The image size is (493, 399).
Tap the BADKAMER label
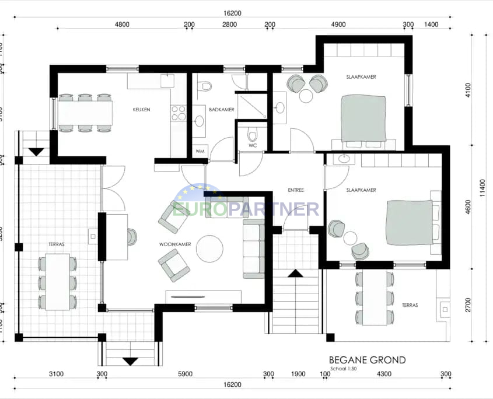222,110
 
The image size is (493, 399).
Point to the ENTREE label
297,191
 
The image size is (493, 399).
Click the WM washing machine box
200,151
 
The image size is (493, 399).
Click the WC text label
253,146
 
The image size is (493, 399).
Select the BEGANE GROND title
367,360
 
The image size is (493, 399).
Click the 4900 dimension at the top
338,24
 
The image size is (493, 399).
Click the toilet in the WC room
253,135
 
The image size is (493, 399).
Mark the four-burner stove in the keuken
179,113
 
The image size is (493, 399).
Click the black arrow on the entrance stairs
295,273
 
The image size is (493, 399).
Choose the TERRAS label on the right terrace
410,305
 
